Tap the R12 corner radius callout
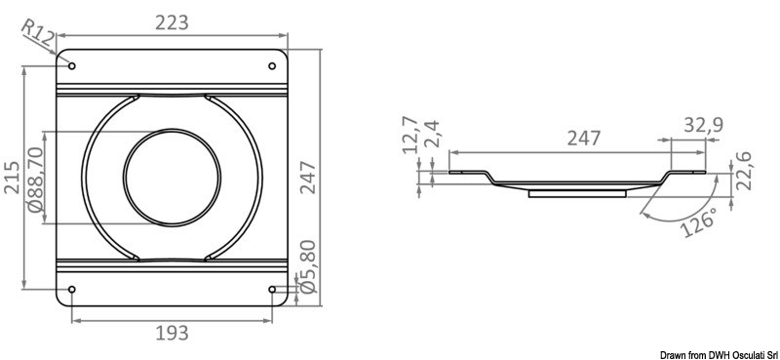click(x=39, y=38)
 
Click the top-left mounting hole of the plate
click(x=72, y=66)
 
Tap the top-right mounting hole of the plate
click(x=272, y=66)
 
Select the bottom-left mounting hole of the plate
click(x=72, y=289)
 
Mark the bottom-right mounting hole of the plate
click(x=272, y=289)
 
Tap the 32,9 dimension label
click(x=702, y=124)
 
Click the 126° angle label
click(x=700, y=223)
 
